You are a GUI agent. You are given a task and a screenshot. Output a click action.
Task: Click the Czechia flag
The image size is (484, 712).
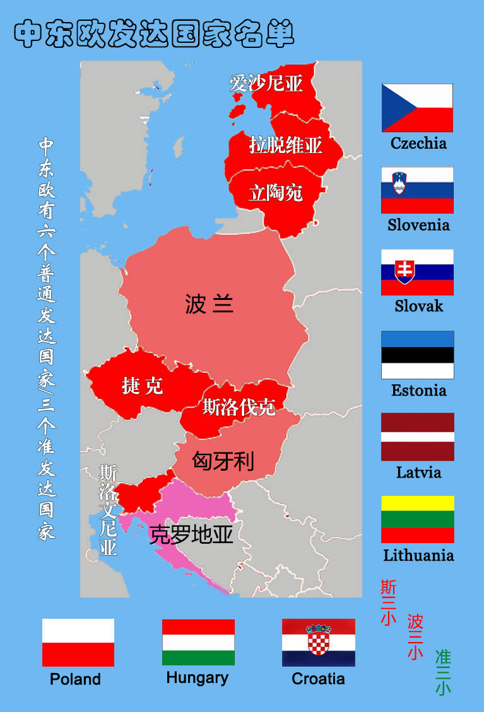(x=417, y=107)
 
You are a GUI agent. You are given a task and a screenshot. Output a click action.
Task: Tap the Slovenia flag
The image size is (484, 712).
(x=417, y=190)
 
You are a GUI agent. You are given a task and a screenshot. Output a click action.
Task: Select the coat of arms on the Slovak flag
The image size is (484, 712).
(x=404, y=271)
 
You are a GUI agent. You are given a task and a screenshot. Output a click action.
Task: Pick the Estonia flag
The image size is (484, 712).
(x=417, y=354)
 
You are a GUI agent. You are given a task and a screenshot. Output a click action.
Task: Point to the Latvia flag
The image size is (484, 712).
(x=417, y=437)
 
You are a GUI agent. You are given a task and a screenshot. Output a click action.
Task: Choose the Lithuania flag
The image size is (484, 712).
(x=417, y=519)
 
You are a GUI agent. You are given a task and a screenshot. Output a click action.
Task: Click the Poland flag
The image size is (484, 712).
(x=78, y=642)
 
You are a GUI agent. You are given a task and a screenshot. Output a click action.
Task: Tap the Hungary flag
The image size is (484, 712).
(x=198, y=642)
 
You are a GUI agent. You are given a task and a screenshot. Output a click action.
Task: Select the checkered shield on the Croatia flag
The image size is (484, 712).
(x=319, y=643)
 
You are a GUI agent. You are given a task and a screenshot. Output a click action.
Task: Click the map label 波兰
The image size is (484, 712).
(x=210, y=304)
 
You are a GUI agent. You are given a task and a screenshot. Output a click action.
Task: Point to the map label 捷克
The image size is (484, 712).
(x=142, y=385)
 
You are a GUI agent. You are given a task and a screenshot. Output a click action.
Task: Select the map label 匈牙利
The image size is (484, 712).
(x=223, y=461)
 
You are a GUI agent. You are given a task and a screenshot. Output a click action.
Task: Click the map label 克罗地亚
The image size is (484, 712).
(x=191, y=535)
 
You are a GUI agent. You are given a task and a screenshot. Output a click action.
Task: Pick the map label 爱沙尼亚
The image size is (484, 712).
(x=266, y=83)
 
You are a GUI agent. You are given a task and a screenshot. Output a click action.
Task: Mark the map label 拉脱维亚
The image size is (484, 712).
(x=285, y=145)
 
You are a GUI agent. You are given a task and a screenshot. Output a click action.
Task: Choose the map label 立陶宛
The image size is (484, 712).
(x=276, y=193)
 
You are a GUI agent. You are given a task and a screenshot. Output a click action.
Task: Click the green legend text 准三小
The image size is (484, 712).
(x=443, y=672)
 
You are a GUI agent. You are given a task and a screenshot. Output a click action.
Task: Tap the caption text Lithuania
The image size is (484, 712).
(x=418, y=555)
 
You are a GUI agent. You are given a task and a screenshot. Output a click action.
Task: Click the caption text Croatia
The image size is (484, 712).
(x=318, y=679)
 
